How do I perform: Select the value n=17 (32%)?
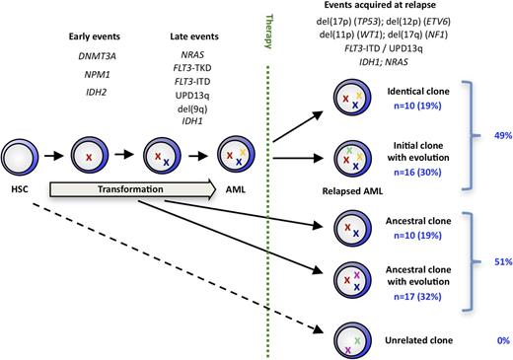coord(415,282)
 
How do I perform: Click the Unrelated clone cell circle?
coord(353,339)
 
